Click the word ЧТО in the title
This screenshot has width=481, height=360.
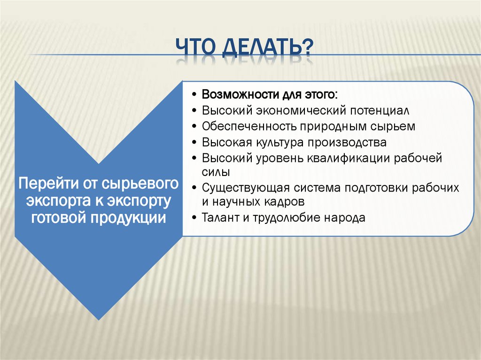pos(194,49)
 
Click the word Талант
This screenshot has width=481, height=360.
pos(220,218)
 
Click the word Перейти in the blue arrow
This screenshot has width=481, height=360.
pos(44,183)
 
